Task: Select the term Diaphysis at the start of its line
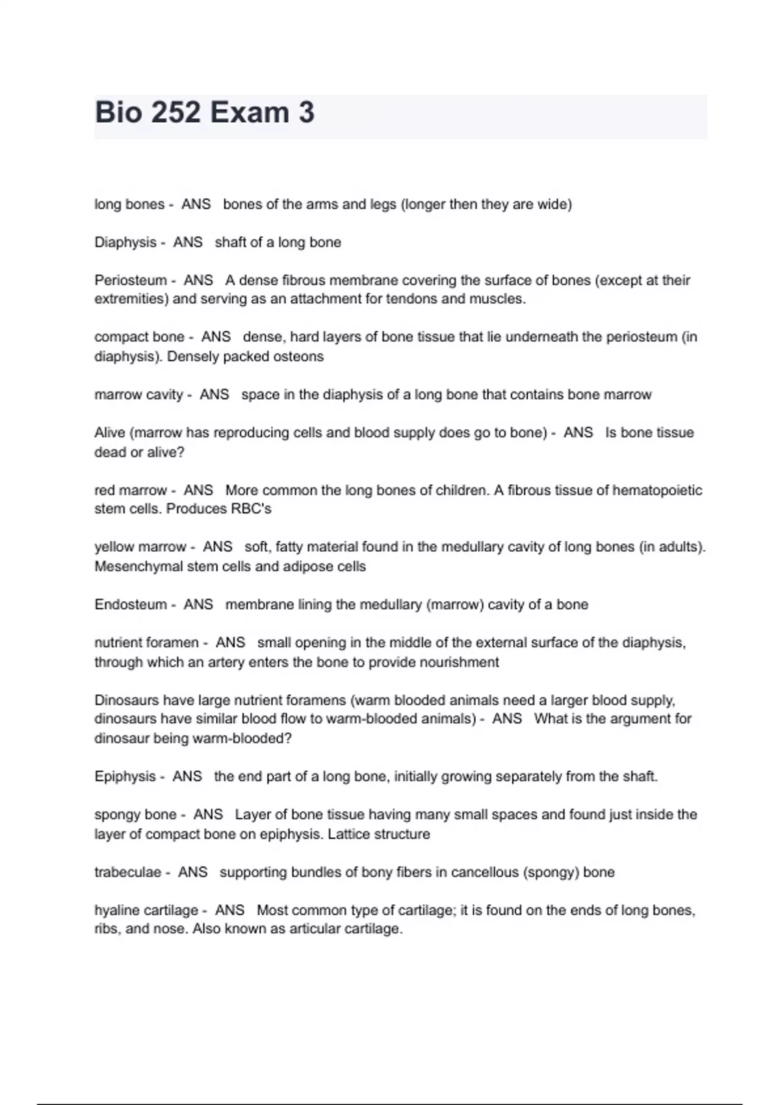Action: click(x=125, y=242)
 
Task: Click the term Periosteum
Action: click(x=131, y=280)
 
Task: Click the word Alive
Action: click(x=110, y=433)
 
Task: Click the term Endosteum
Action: click(x=131, y=604)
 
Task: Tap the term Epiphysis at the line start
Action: click(x=125, y=777)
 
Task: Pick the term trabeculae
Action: click(x=127, y=872)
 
